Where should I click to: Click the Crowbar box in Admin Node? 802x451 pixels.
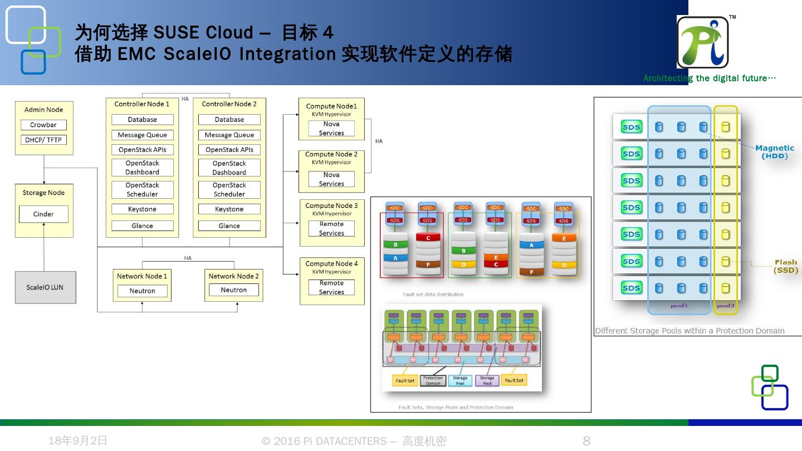click(43, 125)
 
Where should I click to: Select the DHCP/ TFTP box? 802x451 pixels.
click(43, 140)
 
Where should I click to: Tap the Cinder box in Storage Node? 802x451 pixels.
click(43, 214)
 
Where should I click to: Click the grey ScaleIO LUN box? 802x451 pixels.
click(45, 287)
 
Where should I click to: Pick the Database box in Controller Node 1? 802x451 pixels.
click(142, 120)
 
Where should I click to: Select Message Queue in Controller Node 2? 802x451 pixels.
click(229, 135)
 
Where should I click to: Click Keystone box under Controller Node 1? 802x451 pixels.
click(142, 209)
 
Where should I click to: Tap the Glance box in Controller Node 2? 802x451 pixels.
click(229, 226)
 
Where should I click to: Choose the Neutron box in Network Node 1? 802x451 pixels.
click(142, 291)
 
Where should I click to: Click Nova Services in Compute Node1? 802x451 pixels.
click(331, 129)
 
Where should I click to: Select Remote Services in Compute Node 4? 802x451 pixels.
click(331, 287)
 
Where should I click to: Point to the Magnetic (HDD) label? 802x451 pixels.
click(775, 151)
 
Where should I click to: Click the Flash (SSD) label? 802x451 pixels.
click(785, 266)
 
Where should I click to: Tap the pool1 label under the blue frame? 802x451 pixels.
click(679, 306)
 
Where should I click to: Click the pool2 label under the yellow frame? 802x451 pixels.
click(725, 306)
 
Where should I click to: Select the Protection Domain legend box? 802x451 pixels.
click(433, 381)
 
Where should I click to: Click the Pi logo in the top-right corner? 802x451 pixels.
click(703, 42)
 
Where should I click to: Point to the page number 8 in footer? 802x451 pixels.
click(586, 442)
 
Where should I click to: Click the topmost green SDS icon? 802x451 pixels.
click(631, 127)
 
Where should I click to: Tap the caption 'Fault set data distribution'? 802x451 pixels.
click(433, 295)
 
